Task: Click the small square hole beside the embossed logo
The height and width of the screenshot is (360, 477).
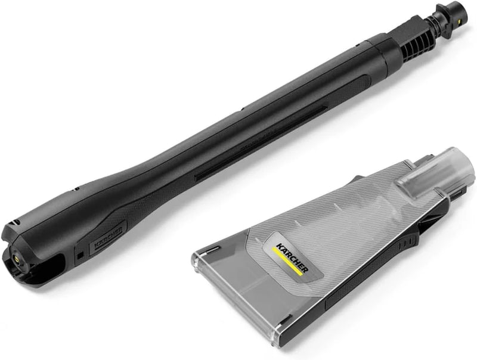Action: [x=80, y=257]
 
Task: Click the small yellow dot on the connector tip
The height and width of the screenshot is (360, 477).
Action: [x=456, y=18]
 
